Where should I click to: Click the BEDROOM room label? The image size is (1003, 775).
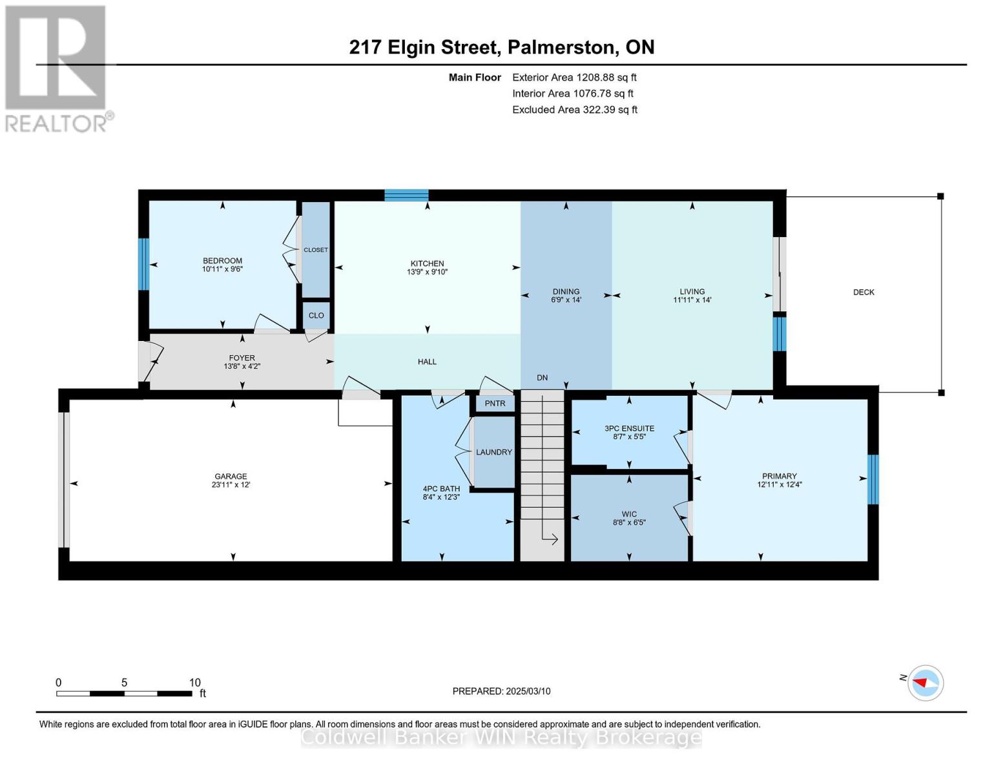pos(222,261)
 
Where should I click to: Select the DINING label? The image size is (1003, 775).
pos(566,291)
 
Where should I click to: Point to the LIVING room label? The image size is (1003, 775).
pos(692,291)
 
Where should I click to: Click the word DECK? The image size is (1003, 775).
pos(863,293)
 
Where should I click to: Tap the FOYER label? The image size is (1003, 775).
pos(242,358)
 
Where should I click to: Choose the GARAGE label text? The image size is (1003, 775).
pos(231,477)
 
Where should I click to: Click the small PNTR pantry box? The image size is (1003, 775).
pos(495,404)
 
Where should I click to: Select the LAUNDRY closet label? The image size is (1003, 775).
pos(494,452)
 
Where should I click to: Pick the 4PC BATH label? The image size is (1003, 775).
pos(441,489)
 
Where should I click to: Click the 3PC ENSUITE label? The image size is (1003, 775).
pos(629,428)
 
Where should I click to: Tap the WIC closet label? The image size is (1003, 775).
pos(629,514)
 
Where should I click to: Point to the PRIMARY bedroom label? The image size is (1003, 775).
pos(779,476)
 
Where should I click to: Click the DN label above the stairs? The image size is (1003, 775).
pos(542,378)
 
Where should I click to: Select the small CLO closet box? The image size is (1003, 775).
pos(316,316)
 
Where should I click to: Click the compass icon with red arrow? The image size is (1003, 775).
pos(925,683)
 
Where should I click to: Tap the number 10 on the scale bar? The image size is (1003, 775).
pos(194,683)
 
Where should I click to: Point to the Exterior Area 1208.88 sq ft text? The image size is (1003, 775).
pos(574,77)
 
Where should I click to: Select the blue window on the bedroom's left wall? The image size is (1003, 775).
pos(144,263)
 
